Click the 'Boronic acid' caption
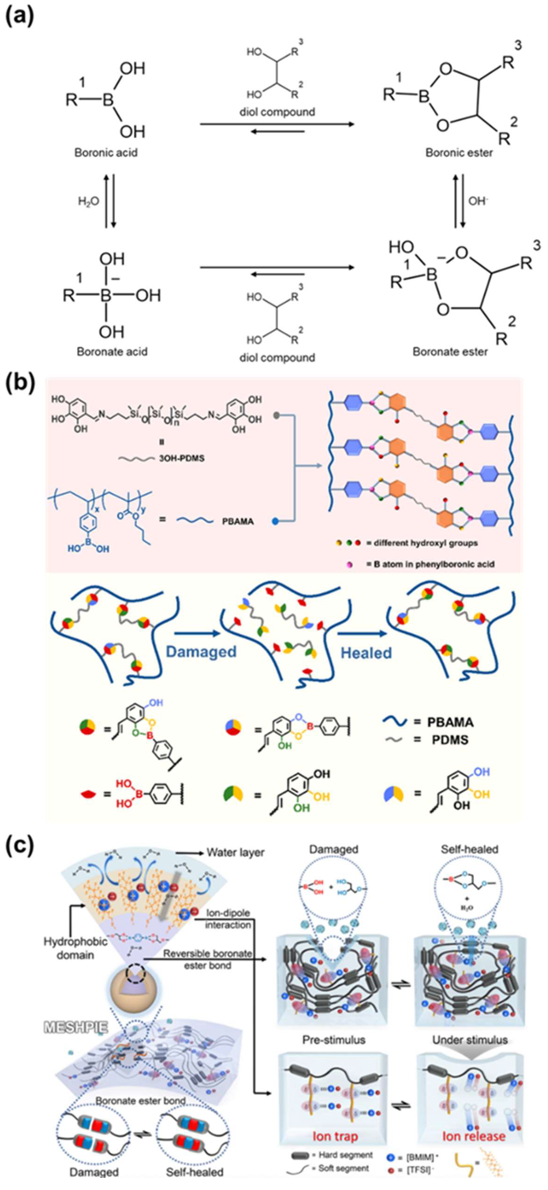(x=106, y=152)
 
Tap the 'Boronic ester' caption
(x=459, y=152)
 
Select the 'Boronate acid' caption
(x=112, y=352)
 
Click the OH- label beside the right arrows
(x=478, y=201)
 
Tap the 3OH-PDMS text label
(x=182, y=459)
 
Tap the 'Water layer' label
(x=236, y=852)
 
